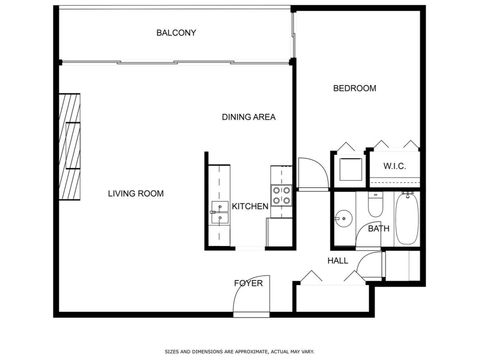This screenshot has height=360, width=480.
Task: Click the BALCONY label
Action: click(x=176, y=34)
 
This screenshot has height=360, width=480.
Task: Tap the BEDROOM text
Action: click(x=354, y=89)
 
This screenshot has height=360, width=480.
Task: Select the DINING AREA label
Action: click(x=248, y=118)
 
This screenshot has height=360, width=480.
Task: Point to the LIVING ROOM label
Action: click(x=136, y=193)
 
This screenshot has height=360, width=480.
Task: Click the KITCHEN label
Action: click(x=249, y=207)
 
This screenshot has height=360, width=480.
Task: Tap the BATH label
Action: click(x=379, y=229)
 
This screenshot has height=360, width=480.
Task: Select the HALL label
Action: click(x=338, y=261)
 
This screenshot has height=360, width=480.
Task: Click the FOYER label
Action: click(x=248, y=283)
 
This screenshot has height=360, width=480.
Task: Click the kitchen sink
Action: click(x=217, y=211)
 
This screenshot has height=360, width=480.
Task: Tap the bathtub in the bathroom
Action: click(x=407, y=220)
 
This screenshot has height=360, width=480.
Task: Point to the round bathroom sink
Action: click(x=342, y=217)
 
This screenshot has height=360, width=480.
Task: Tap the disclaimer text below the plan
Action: click(x=239, y=351)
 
